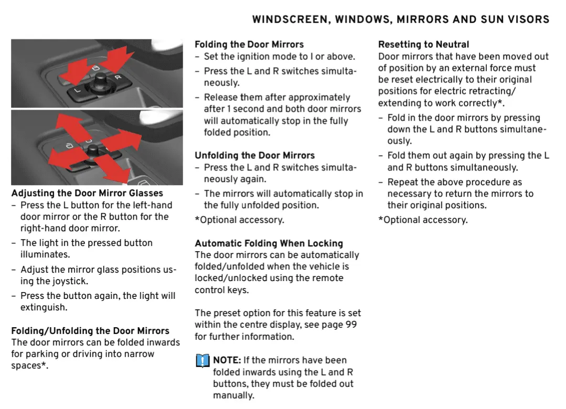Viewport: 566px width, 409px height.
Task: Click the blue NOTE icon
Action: tap(202, 361)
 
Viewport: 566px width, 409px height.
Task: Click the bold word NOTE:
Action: tap(227, 360)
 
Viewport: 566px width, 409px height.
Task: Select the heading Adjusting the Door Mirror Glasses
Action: tap(87, 193)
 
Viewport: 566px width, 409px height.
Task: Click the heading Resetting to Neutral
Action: tap(423, 45)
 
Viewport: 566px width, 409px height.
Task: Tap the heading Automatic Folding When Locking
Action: tap(269, 243)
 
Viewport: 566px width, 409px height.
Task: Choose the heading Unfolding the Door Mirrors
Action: tap(254, 156)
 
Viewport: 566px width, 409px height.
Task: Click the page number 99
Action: tap(351, 325)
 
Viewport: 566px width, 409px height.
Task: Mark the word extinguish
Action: tap(44, 307)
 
